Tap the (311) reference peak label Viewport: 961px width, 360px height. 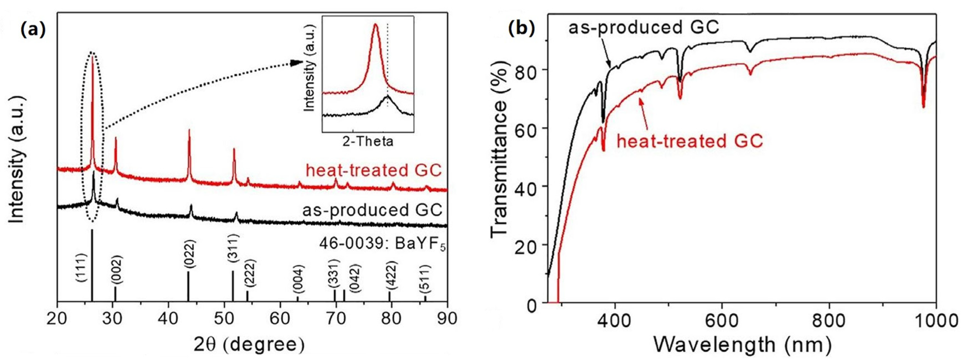pos(233,250)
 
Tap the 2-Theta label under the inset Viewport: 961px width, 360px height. pos(368,142)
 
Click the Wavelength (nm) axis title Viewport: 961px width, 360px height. pos(743,344)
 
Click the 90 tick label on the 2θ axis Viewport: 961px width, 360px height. pos(447,319)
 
